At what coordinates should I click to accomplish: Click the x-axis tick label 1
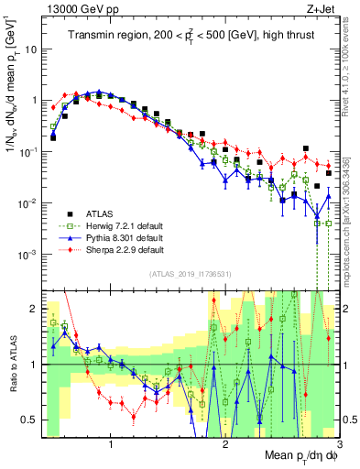click(111, 446)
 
